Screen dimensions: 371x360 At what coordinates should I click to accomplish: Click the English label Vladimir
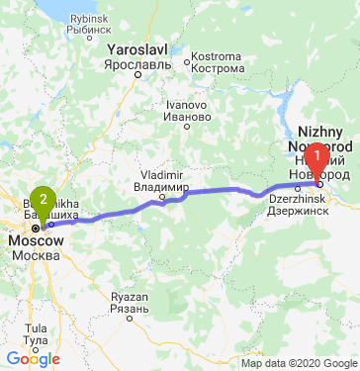(162, 174)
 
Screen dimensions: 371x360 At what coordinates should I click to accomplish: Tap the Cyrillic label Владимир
(163, 186)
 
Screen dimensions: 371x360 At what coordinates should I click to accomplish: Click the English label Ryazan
(130, 297)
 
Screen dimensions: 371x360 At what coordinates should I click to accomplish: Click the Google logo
(33, 359)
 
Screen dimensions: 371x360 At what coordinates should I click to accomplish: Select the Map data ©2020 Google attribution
(298, 363)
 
